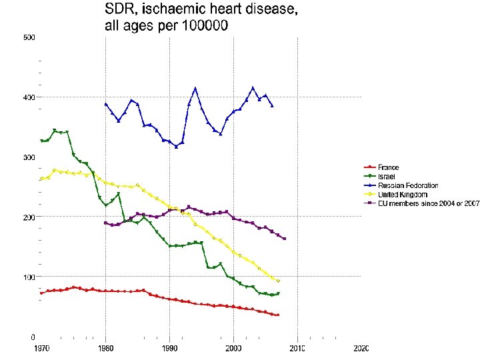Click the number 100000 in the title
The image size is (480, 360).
201,27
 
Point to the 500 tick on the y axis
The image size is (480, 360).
29,37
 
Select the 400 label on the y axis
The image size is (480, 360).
29,97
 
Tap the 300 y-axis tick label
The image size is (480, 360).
29,157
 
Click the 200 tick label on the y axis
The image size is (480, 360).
29,217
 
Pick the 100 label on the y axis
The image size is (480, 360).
29,277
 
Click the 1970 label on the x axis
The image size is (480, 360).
41,349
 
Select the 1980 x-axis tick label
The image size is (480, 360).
105,349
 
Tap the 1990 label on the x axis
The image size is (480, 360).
169,349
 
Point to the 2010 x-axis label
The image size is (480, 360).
297,349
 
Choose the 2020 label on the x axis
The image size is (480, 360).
361,349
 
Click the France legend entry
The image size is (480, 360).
388,167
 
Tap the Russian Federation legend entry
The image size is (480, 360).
408,185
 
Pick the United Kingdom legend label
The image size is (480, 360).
403,194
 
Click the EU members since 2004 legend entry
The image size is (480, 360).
425,203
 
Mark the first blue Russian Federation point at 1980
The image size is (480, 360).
105,104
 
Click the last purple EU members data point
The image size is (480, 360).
285,239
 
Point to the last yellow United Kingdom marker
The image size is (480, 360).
278,281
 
